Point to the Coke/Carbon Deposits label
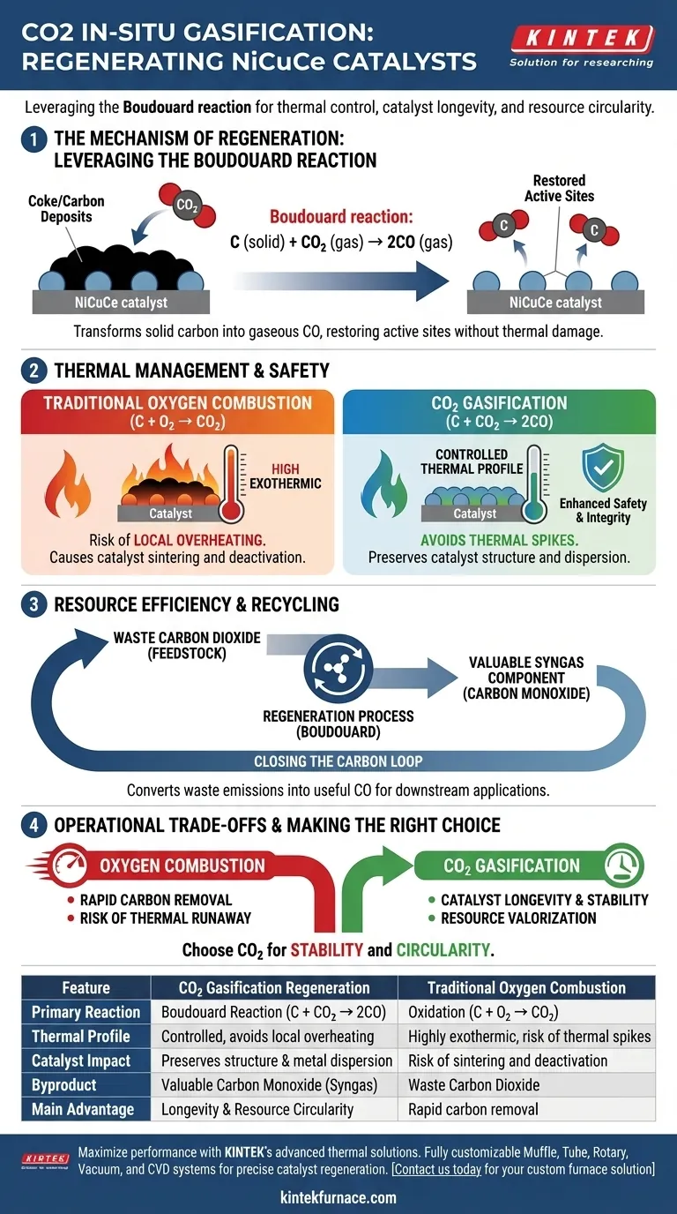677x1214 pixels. tap(66, 209)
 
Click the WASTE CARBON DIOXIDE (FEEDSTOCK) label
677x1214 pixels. tap(187, 646)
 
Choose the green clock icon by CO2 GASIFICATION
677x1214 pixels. tap(625, 865)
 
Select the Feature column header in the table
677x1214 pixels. tap(86, 987)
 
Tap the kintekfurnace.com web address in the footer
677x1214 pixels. tap(338, 1197)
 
